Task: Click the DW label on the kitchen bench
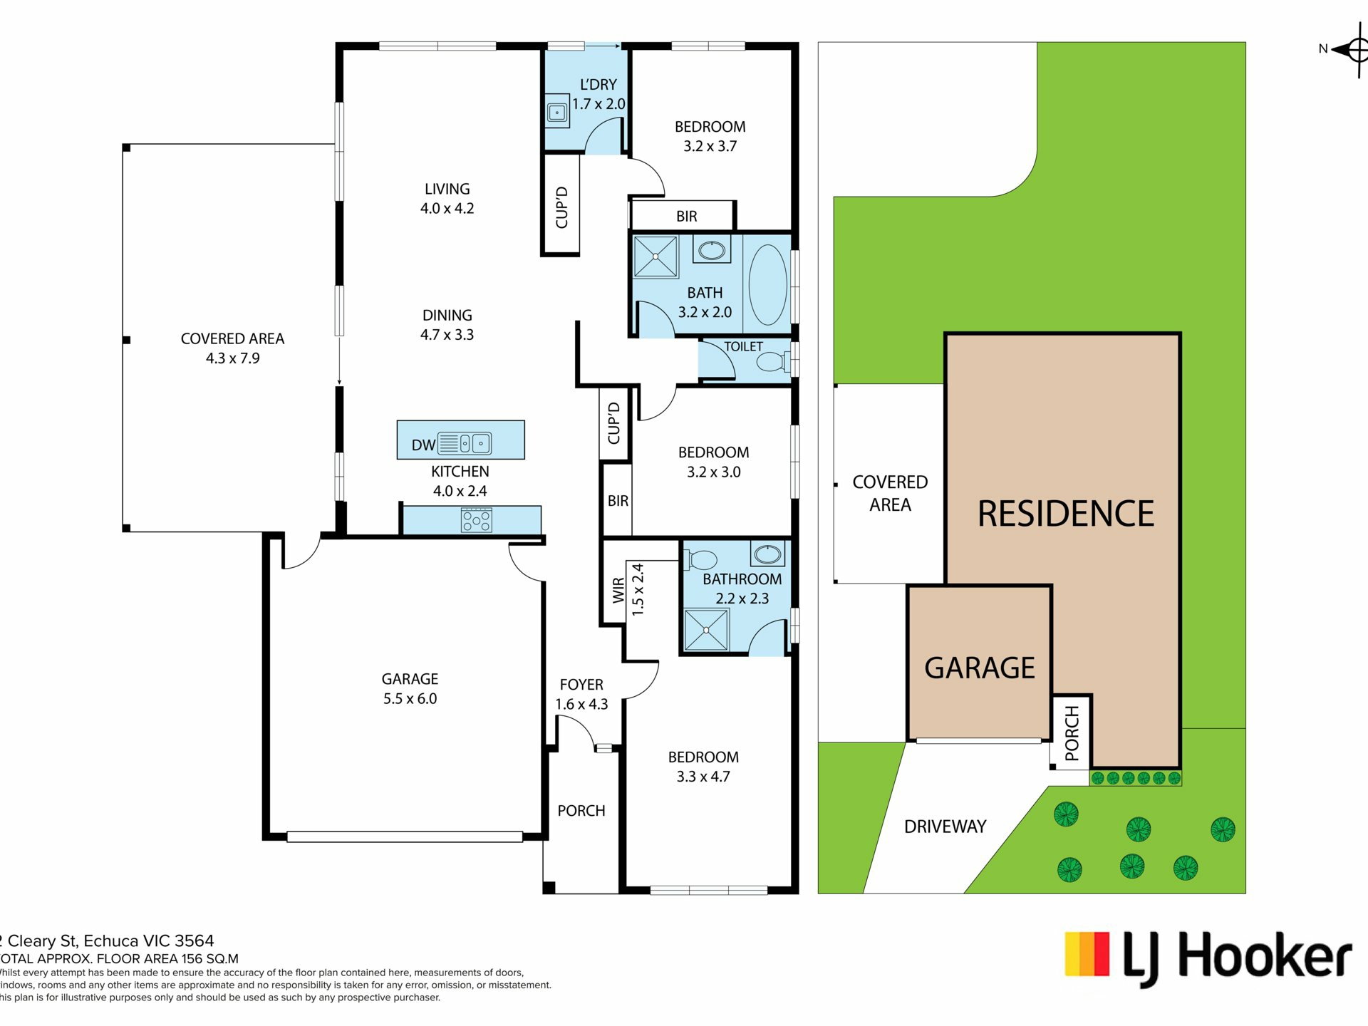(x=423, y=445)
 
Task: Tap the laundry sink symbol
(x=557, y=112)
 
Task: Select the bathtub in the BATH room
(x=767, y=285)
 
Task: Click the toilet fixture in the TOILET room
(x=772, y=362)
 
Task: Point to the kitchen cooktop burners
(x=476, y=519)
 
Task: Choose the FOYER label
(x=581, y=685)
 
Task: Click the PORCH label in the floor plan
(x=581, y=811)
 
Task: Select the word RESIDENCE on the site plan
(x=1066, y=514)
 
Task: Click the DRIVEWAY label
(x=945, y=826)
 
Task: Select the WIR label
(x=618, y=591)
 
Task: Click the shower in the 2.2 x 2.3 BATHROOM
(x=706, y=630)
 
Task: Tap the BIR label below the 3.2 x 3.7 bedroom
(x=687, y=217)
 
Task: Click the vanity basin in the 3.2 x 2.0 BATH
(x=711, y=250)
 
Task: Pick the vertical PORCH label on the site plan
(x=1072, y=733)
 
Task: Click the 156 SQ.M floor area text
(x=210, y=959)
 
